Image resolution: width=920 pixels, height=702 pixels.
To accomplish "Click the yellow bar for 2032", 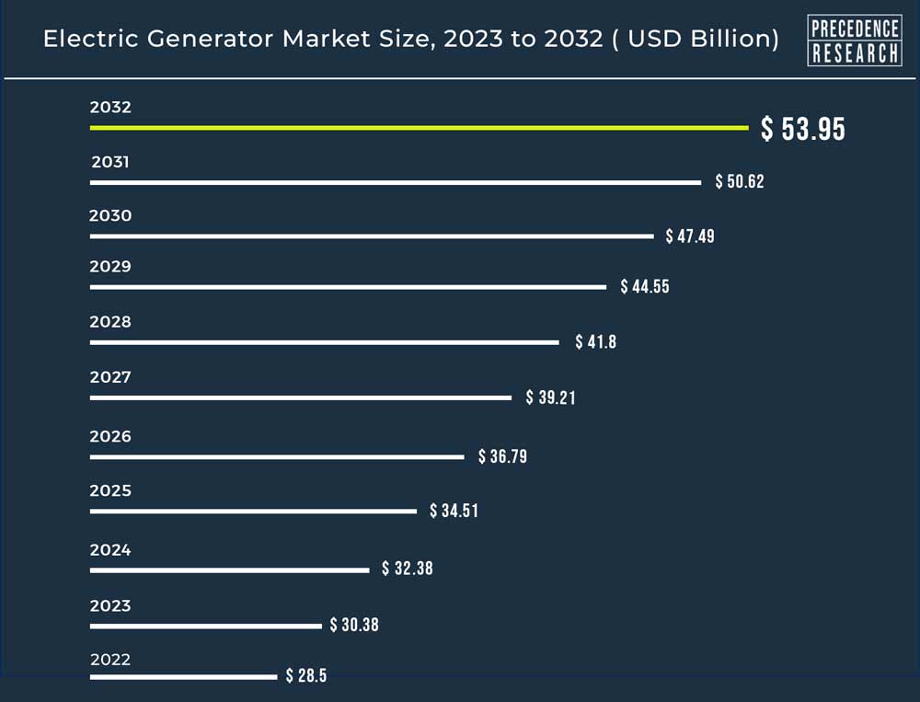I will [420, 128].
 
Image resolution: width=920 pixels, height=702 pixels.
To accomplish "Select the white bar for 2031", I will [396, 182].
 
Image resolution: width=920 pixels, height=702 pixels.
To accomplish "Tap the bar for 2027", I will [301, 397].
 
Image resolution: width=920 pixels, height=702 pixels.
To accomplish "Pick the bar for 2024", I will [229, 570].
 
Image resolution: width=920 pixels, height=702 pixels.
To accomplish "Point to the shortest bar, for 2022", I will [183, 677].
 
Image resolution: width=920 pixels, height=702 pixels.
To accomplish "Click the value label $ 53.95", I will [802, 130].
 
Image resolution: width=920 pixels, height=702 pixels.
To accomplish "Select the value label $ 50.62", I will [740, 182].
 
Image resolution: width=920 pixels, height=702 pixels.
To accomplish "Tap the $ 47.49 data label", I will [690, 236].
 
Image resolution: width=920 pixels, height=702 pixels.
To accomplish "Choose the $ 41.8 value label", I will [595, 342].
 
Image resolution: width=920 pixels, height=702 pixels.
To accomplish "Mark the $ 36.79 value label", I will [502, 456].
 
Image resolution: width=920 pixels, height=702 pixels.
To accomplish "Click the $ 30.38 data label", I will [354, 625].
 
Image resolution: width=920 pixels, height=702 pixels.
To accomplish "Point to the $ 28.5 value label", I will [305, 676].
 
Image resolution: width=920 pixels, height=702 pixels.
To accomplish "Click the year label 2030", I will [110, 216].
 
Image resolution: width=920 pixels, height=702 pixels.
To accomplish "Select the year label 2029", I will [110, 267].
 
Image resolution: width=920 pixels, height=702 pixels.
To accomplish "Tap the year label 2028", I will [110, 322].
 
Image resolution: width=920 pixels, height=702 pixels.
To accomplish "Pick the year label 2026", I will [110, 436].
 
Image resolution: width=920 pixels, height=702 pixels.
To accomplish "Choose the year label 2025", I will [110, 490].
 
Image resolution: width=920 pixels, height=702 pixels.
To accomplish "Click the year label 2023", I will [110, 605].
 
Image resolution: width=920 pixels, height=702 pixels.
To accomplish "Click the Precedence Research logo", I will [854, 40].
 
